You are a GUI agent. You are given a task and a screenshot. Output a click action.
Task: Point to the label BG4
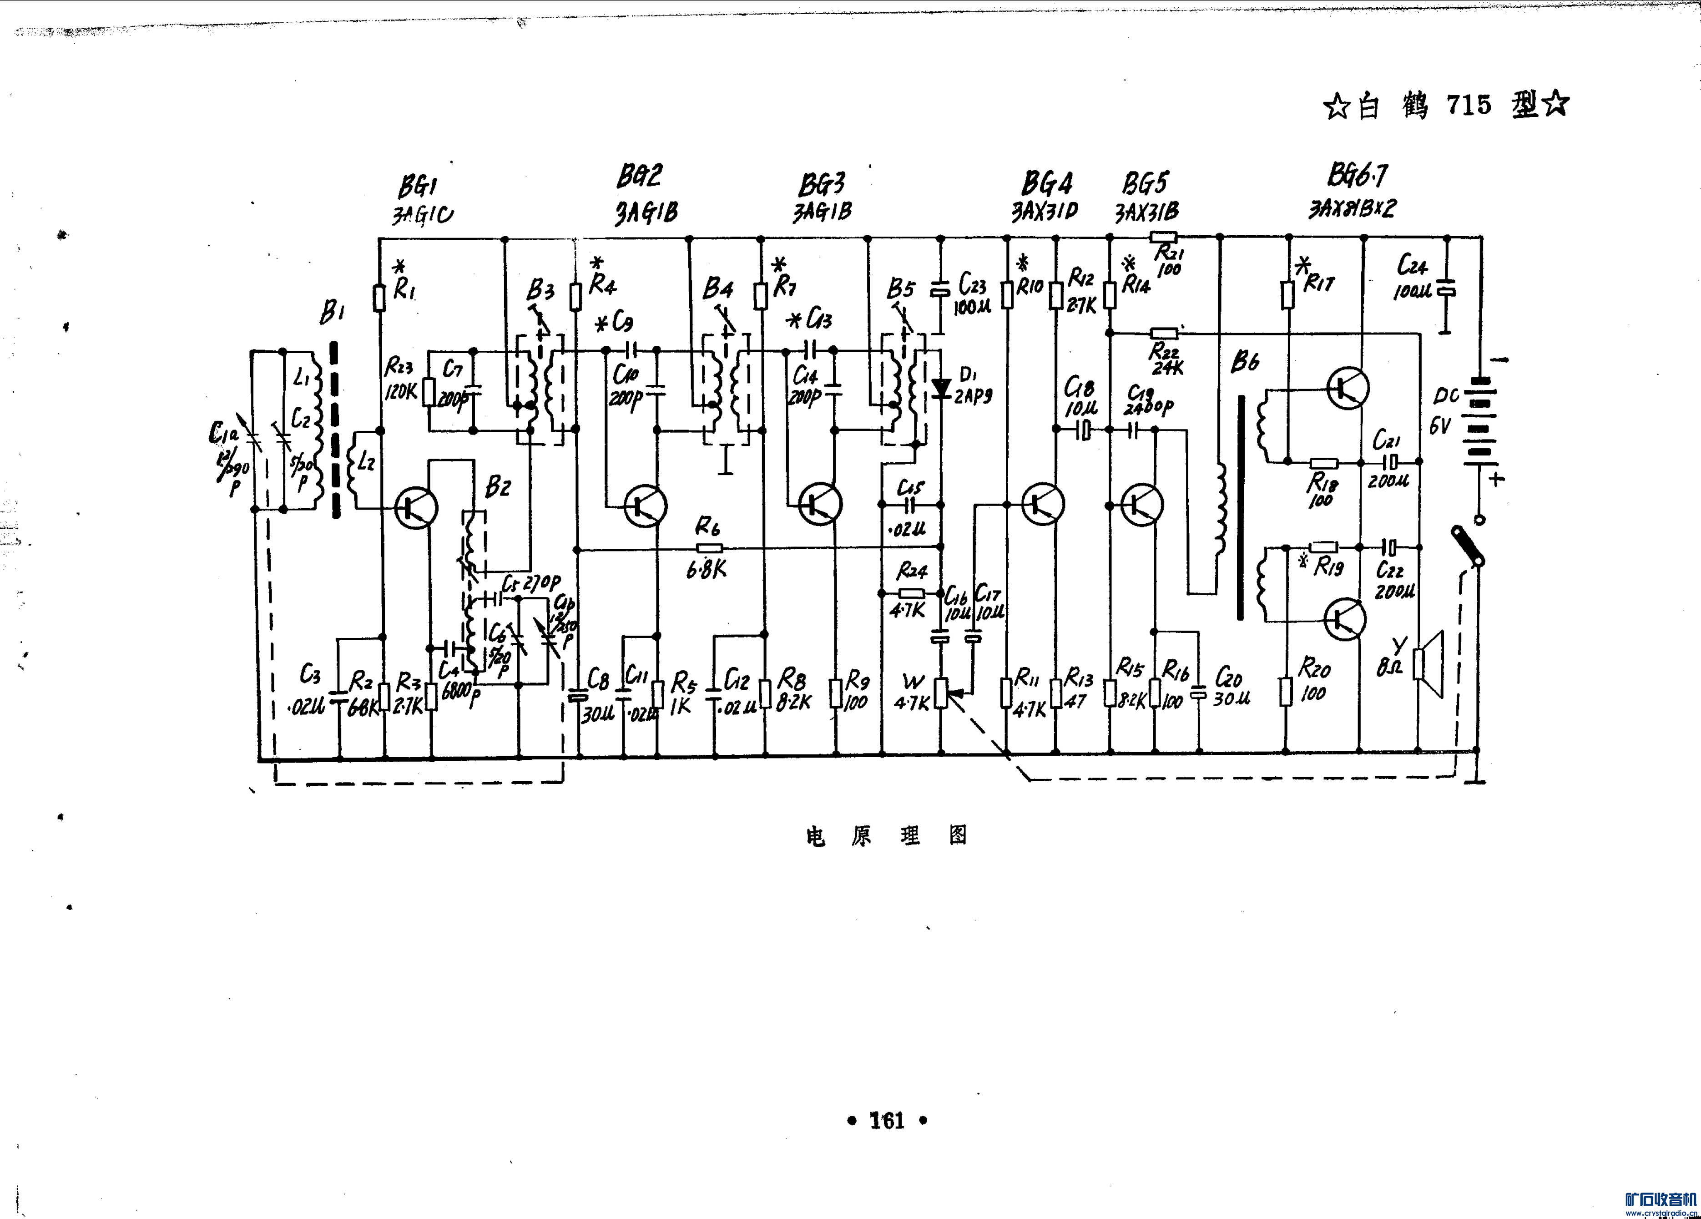click(1047, 183)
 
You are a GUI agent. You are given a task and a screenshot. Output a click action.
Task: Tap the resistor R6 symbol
click(709, 548)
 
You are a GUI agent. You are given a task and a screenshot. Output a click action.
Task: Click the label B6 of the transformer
click(1245, 362)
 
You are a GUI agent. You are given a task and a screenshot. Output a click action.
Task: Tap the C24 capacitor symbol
click(1448, 289)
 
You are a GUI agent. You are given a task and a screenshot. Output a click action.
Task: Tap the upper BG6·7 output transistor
click(1347, 388)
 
